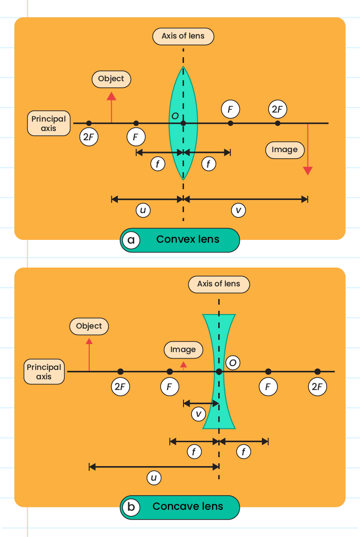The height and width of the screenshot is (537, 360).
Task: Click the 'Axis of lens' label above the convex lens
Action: (183, 36)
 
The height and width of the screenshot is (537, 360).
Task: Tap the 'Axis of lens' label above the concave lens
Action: (219, 284)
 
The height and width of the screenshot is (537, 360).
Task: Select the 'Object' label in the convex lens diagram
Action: (111, 79)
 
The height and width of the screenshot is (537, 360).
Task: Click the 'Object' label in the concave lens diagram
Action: (89, 326)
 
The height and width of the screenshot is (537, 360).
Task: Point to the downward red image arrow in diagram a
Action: (307, 150)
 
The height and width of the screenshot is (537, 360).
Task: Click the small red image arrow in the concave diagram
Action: (184, 365)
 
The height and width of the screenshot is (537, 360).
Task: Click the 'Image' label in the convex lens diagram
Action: (284, 150)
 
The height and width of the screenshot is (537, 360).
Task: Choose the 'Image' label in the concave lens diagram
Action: (183, 350)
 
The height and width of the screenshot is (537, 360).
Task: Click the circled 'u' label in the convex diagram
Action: (143, 211)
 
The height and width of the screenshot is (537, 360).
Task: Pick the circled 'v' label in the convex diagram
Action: (238, 211)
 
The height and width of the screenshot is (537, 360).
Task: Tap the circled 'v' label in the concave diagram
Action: (199, 414)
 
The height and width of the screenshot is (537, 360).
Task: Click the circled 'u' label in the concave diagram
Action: (153, 478)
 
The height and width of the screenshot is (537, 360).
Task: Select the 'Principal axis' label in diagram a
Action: (49, 123)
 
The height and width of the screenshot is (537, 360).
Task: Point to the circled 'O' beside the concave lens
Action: (233, 363)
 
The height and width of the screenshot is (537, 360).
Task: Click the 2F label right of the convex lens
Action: (277, 109)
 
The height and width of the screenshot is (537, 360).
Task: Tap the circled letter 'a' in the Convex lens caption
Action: (131, 240)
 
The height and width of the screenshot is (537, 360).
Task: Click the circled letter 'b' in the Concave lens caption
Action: (131, 507)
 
